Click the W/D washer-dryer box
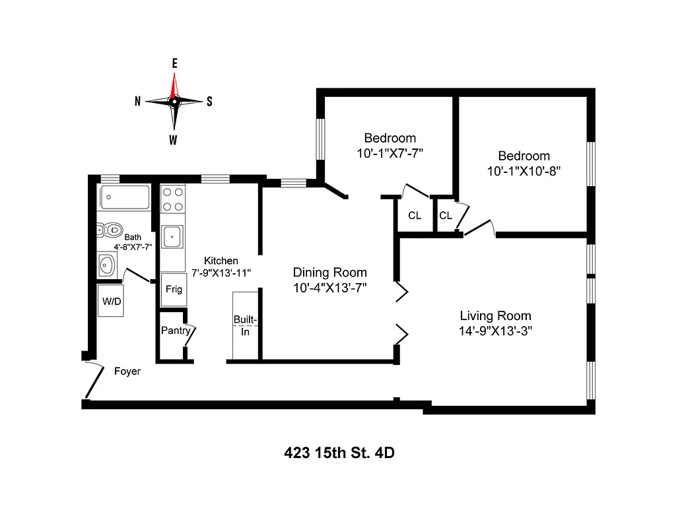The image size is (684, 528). pyautogui.click(x=110, y=300)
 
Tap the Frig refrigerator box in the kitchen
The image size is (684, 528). pyautogui.click(x=174, y=289)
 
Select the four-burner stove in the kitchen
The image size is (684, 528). pyautogui.click(x=174, y=199)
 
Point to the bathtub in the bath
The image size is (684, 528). pyautogui.click(x=125, y=196)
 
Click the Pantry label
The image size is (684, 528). pyautogui.click(x=175, y=331)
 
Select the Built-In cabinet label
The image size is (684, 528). pyautogui.click(x=245, y=325)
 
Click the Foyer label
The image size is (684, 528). pyautogui.click(x=127, y=372)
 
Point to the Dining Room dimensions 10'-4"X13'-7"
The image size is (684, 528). pyautogui.click(x=329, y=287)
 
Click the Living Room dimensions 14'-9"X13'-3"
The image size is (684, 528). pyautogui.click(x=495, y=331)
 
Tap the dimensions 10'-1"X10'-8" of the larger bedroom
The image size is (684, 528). pyautogui.click(x=524, y=170)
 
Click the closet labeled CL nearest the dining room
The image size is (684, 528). pyautogui.click(x=415, y=216)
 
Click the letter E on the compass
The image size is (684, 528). pyautogui.click(x=174, y=63)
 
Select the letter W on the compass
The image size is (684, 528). pyautogui.click(x=173, y=139)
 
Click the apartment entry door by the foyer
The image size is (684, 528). pyautogui.click(x=94, y=381)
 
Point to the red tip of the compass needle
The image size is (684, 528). pyautogui.click(x=174, y=82)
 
